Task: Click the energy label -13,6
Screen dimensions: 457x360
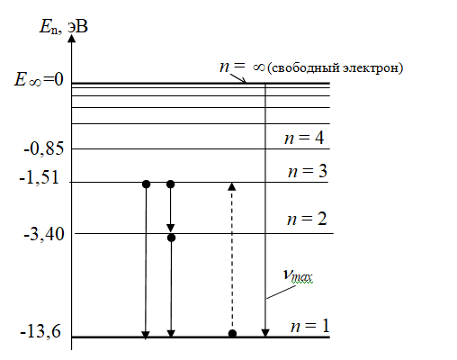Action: [x=40, y=332]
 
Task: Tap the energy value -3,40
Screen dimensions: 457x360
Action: [x=44, y=234]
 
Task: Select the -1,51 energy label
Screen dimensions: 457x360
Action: [x=40, y=178]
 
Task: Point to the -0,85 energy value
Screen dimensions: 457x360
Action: [x=44, y=148]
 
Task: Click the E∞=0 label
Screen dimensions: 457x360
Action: [x=39, y=80]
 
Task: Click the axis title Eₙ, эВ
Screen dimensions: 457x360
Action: [x=64, y=27]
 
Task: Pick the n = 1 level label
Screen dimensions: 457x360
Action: [x=310, y=326]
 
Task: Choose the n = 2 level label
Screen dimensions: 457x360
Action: [x=307, y=219]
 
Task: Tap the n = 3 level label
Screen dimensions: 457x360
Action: [x=308, y=171]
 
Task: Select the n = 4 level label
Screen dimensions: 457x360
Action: [x=304, y=138]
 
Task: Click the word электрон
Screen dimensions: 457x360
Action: [x=371, y=67]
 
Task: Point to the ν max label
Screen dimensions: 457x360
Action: [x=298, y=275]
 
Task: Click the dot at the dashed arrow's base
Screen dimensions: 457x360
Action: [x=232, y=333]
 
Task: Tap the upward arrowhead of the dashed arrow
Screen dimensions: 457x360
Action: [x=232, y=186]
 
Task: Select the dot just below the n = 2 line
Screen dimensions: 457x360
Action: [x=171, y=238]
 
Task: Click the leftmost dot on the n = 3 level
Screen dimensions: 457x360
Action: [x=146, y=184]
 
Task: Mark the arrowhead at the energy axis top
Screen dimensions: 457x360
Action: [x=71, y=38]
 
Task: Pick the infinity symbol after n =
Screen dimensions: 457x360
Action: [x=259, y=67]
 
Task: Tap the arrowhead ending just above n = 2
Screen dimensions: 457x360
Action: [x=171, y=229]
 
